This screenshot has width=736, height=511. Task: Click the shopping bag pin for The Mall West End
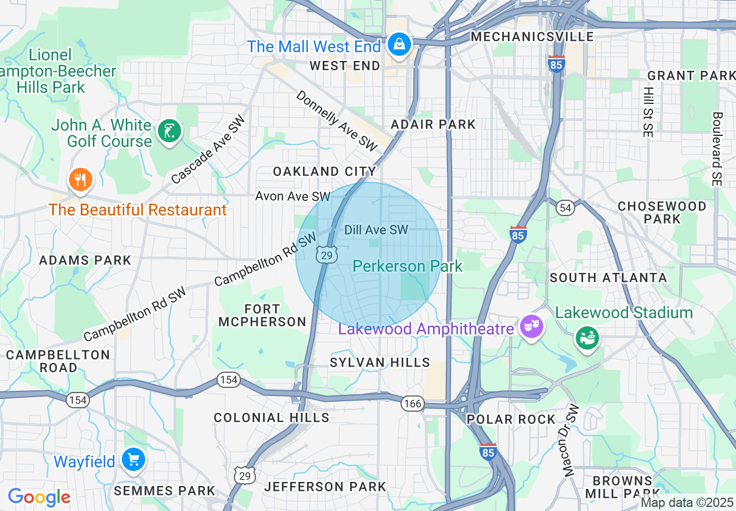click(x=399, y=44)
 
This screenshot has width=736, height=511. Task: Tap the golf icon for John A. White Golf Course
click(x=169, y=131)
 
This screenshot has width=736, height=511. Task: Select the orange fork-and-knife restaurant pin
click(x=81, y=180)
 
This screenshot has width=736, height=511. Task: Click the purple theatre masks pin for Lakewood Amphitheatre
click(x=531, y=326)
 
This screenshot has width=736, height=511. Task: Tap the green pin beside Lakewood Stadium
click(x=587, y=338)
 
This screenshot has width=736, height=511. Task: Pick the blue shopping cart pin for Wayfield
click(x=134, y=460)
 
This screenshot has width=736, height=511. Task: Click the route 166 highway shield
click(x=413, y=404)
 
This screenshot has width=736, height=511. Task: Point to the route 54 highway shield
click(x=565, y=207)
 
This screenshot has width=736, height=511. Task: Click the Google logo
click(x=39, y=497)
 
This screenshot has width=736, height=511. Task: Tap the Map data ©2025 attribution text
click(x=687, y=502)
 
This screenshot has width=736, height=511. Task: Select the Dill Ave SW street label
click(x=376, y=230)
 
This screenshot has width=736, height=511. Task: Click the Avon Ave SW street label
click(x=293, y=196)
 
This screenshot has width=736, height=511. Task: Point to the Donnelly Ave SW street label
click(x=337, y=121)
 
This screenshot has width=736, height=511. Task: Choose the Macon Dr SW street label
click(x=572, y=440)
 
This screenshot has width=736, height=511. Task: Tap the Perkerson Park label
click(x=407, y=267)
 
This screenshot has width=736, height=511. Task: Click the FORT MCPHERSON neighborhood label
click(x=262, y=315)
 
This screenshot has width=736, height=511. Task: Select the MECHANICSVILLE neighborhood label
click(x=532, y=37)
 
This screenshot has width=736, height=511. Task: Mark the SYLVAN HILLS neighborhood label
click(x=380, y=362)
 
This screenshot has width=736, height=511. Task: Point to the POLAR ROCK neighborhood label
click(x=511, y=419)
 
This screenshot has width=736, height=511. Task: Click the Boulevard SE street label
click(x=717, y=149)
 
